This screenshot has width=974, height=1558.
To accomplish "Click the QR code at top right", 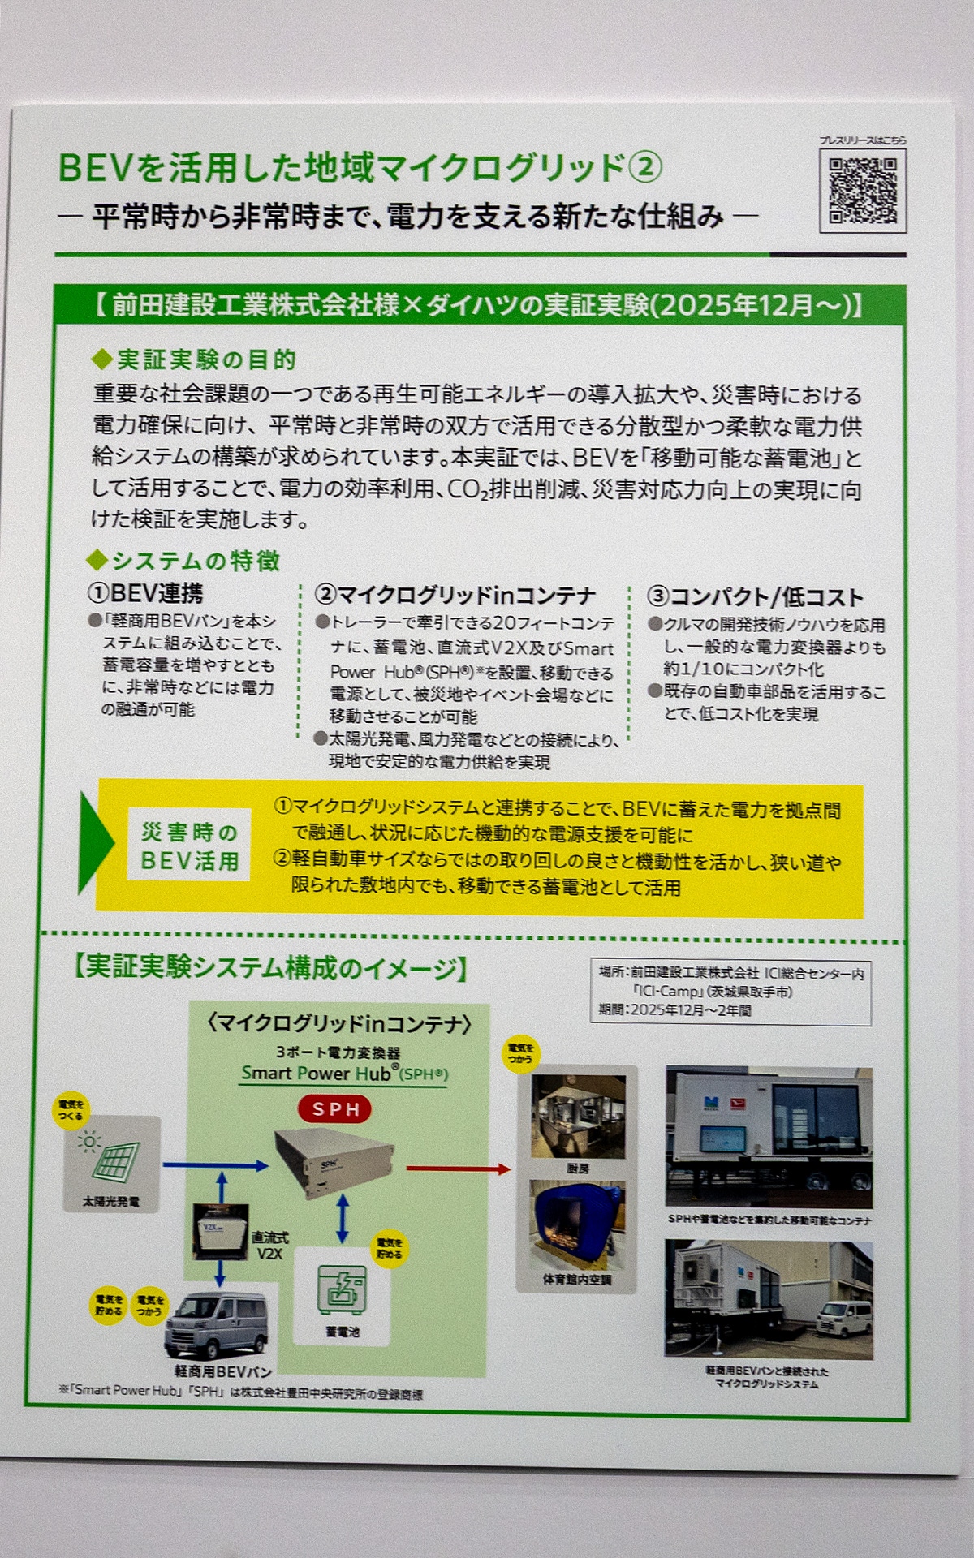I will tap(862, 191).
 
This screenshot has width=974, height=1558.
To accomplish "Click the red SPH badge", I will tap(334, 1108).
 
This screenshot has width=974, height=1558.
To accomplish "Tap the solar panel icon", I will tap(112, 1157).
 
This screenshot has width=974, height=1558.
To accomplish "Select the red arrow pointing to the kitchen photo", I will tap(458, 1168).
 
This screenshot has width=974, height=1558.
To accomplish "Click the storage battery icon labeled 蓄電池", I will tap(342, 1289).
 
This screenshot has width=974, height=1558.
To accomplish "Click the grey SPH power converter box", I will tap(333, 1162).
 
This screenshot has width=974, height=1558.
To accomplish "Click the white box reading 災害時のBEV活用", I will tap(189, 845).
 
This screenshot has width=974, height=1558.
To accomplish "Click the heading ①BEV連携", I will tap(146, 593).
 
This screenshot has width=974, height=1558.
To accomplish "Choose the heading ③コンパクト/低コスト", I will tap(755, 596).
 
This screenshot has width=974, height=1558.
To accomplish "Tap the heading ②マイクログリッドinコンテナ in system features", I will tap(455, 595).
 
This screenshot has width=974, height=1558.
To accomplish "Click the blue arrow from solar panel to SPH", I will tap(214, 1165).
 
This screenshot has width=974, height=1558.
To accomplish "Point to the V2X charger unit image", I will tap(220, 1230).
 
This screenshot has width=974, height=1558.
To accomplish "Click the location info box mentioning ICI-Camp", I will tap(730, 991).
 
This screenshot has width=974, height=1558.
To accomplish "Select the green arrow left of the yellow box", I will tap(95, 844).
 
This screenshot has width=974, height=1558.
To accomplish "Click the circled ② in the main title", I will tap(645, 168).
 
